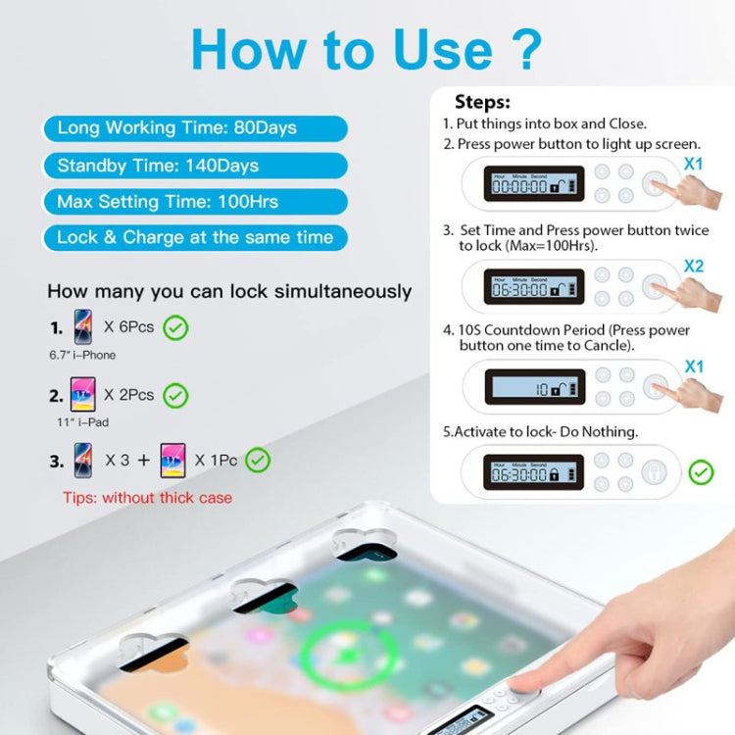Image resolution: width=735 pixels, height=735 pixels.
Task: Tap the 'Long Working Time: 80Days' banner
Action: pos(194,128)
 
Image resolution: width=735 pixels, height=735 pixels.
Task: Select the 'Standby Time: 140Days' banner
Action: pos(194,165)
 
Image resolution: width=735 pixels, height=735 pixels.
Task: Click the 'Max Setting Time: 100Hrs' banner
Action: pos(194,202)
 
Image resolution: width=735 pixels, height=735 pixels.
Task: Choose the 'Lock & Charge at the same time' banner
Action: pos(194,238)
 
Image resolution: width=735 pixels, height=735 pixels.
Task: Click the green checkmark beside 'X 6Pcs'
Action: pos(175,326)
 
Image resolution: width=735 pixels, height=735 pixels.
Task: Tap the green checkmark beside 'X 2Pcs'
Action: pos(175,396)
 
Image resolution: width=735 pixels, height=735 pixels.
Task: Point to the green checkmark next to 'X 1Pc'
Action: pos(258,460)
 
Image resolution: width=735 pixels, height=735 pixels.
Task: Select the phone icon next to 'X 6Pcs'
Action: pos(83,326)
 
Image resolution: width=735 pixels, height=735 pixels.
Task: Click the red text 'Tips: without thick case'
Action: pos(148,498)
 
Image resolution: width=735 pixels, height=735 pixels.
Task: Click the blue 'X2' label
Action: pos(694,266)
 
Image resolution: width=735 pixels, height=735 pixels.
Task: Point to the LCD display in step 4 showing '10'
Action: pos(534,387)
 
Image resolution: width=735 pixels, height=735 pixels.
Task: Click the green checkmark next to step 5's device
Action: pos(701,473)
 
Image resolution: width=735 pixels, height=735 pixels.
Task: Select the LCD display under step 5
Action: pos(534,473)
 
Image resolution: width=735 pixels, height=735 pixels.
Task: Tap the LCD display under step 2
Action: pos(534,183)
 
